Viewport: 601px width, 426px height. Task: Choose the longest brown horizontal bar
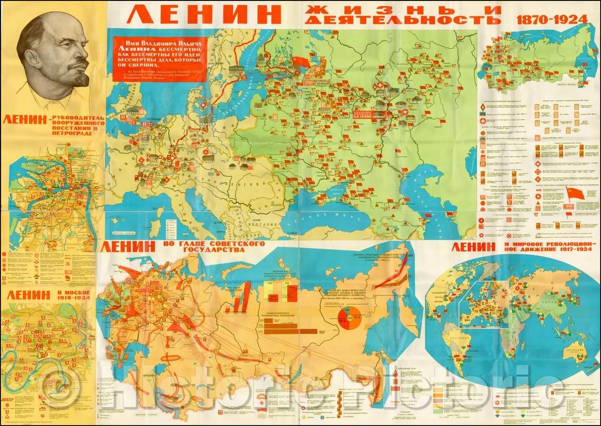click(291, 331)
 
